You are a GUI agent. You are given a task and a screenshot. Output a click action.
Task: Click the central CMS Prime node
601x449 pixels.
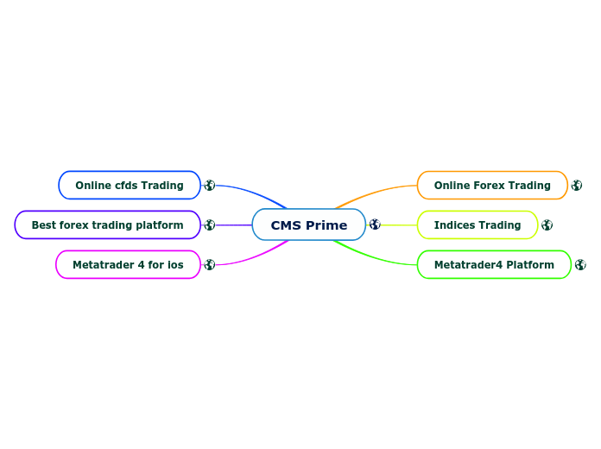tap(308, 225)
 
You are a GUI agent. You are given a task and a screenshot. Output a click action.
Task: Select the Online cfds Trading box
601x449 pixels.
tap(130, 185)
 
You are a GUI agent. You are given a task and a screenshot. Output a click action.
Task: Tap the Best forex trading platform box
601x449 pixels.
tap(107, 225)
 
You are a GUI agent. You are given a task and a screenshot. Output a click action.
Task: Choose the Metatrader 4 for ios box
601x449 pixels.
tap(128, 265)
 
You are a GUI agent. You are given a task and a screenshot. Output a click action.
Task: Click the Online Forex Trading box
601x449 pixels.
tap(492, 185)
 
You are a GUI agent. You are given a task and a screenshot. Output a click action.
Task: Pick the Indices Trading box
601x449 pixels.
tap(478, 225)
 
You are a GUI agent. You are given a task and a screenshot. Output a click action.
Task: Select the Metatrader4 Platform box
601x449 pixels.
tap(494, 265)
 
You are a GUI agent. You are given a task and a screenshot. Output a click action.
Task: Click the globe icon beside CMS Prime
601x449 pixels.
tap(375, 224)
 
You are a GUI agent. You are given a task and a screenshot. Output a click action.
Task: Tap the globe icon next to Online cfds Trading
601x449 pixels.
tap(209, 185)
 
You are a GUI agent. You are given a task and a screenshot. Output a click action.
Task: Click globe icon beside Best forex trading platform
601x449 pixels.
tap(209, 225)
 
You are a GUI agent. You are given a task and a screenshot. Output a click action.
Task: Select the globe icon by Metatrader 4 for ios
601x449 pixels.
tap(209, 265)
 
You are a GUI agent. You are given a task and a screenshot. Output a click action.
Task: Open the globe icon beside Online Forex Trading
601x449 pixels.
tap(577, 185)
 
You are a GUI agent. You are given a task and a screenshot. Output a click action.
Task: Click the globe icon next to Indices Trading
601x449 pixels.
tap(547, 225)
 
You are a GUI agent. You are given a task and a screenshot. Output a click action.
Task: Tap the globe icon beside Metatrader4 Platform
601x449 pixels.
tap(580, 265)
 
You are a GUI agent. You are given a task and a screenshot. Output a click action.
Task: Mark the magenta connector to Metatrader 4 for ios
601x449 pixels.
tap(250, 258)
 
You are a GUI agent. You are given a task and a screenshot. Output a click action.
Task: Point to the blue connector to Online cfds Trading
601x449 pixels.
tap(250, 191)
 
